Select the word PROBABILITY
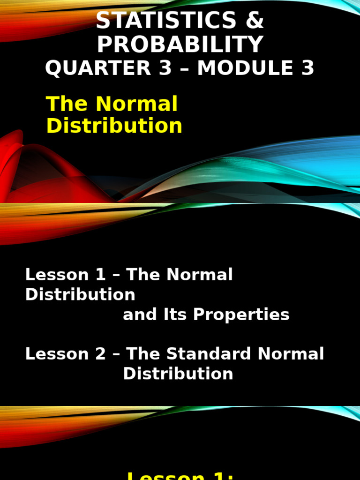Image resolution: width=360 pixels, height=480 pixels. (180, 45)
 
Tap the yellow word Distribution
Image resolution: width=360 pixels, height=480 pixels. (114, 126)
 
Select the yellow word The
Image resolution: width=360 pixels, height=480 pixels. (63, 104)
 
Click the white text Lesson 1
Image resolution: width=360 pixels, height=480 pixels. (65, 275)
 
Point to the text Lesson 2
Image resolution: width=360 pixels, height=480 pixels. (65, 353)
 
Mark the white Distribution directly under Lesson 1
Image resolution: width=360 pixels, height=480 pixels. (80, 294)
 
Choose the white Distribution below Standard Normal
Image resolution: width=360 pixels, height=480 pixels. (178, 374)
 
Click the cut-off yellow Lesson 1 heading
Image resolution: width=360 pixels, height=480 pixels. (180, 474)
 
